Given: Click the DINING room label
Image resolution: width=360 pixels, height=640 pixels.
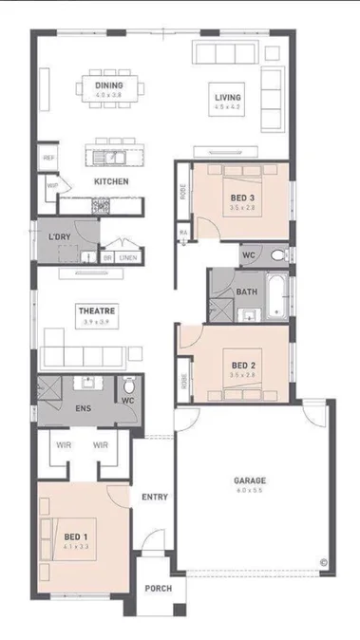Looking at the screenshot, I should pyautogui.click(x=108, y=85).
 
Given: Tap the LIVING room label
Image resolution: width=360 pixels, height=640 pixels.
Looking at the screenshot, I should pyautogui.click(x=227, y=98).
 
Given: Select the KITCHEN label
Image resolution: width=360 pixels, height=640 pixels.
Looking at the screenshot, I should pyautogui.click(x=111, y=181).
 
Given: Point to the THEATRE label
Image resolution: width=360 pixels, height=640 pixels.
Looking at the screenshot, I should pyautogui.click(x=96, y=311).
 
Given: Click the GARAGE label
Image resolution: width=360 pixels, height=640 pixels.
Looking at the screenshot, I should pyautogui.click(x=250, y=480).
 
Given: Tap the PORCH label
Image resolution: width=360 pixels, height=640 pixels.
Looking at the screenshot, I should pyautogui.click(x=158, y=589).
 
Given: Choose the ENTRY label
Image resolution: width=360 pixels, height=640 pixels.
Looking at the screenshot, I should pyautogui.click(x=155, y=497).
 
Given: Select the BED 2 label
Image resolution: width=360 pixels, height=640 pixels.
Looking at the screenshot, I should pyautogui.click(x=244, y=365).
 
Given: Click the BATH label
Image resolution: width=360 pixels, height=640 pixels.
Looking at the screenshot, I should pyautogui.click(x=247, y=292).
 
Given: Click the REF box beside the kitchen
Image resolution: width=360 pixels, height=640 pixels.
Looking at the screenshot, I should pyautogui.click(x=47, y=157).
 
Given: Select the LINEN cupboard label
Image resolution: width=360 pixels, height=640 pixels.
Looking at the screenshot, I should pyautogui.click(x=128, y=257).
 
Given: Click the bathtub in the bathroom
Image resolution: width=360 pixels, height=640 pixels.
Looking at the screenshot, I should pyautogui.click(x=275, y=295).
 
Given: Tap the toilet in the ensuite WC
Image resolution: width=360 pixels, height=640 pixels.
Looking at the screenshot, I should pyautogui.click(x=128, y=386).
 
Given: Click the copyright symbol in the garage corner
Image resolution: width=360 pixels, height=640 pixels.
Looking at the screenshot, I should pyautogui.click(x=323, y=562).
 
